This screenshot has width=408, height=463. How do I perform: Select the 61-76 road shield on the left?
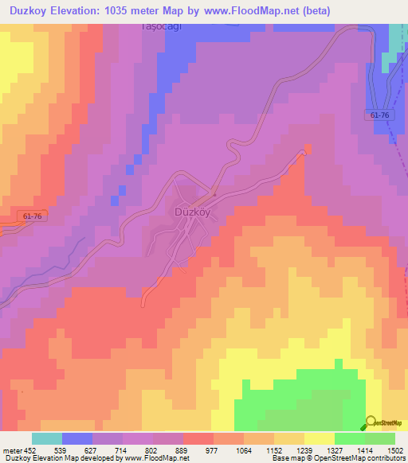click(33, 216)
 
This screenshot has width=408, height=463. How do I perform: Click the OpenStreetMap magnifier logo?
click(371, 421)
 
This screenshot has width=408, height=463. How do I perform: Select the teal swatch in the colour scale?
click(46, 438)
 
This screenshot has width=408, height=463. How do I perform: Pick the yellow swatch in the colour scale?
click(319, 438)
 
